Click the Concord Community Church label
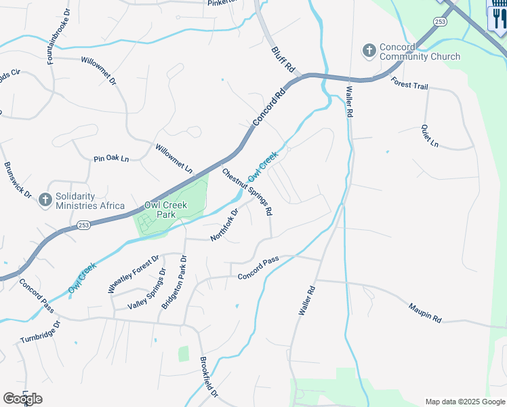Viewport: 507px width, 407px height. click(x=420, y=52)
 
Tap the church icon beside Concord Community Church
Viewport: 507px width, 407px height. click(x=369, y=51)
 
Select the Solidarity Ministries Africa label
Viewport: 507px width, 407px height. click(x=90, y=201)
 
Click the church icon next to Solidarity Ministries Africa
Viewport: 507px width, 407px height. click(x=45, y=199)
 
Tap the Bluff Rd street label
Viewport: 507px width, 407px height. click(x=284, y=59)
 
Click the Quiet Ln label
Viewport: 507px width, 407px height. click(x=430, y=136)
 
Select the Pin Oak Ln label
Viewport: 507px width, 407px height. click(x=110, y=159)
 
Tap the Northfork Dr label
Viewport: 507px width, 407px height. click(x=224, y=225)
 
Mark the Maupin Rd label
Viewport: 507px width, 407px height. click(x=425, y=313)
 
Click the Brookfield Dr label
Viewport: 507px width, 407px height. click(x=209, y=377)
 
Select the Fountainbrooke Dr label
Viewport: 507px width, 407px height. click(x=59, y=37)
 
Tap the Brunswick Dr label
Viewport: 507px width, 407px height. click(x=18, y=179)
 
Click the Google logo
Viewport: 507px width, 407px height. click(x=22, y=399)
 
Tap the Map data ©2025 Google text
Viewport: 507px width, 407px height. click(x=466, y=402)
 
